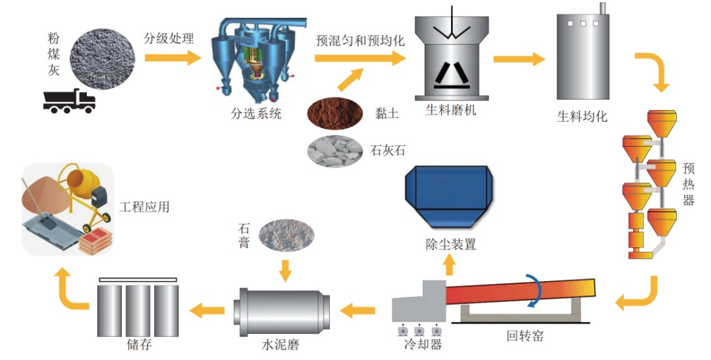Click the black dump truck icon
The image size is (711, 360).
pos(69,100)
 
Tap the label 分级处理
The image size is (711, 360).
pos(169,38)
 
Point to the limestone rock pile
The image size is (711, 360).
pos(335,150)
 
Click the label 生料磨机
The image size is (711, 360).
pos(450,110)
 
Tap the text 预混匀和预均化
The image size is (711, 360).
pos(360,39)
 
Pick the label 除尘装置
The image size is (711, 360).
pos(450,244)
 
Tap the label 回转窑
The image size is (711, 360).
pos(525,336)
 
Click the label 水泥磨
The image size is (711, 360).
pos(280,344)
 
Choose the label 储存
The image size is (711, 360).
pos(138,344)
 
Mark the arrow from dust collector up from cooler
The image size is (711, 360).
pos(450,264)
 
